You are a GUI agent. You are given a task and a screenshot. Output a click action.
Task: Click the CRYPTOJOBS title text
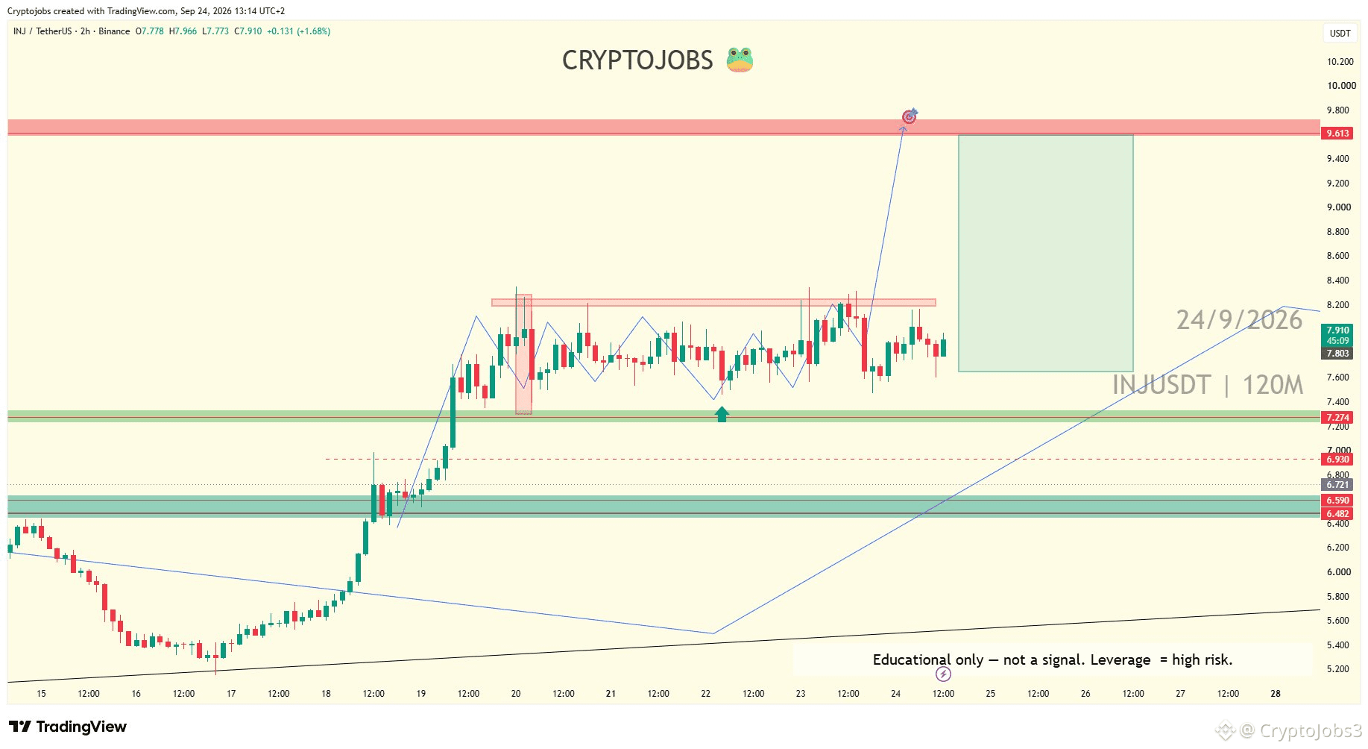click(637, 60)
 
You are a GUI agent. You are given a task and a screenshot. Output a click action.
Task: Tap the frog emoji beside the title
click(740, 60)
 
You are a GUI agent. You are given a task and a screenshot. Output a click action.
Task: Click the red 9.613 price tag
click(1337, 134)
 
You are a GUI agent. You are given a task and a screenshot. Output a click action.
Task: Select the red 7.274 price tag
click(1337, 418)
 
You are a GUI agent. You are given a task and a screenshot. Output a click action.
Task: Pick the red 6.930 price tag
click(1337, 460)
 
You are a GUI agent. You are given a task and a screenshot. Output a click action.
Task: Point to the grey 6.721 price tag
click(1337, 485)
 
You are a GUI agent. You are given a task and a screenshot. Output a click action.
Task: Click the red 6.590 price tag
click(1337, 501)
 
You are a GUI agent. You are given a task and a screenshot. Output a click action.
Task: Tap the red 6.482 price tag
click(1337, 514)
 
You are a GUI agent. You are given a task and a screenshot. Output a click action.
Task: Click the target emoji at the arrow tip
click(910, 116)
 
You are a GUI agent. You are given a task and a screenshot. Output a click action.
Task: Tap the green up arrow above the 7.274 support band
click(722, 414)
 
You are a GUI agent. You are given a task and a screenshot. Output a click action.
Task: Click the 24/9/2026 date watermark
click(1239, 320)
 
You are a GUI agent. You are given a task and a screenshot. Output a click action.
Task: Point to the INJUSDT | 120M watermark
click(1208, 385)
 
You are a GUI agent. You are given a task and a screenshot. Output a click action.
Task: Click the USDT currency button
click(1340, 34)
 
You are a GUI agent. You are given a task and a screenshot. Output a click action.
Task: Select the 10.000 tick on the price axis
click(1341, 86)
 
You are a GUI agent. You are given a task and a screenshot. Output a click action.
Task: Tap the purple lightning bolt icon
click(943, 674)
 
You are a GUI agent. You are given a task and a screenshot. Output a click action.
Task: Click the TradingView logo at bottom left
click(68, 727)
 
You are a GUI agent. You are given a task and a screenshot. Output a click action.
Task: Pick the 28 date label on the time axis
click(1276, 694)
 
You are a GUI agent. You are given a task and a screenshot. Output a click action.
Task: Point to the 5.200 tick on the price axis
click(1338, 669)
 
